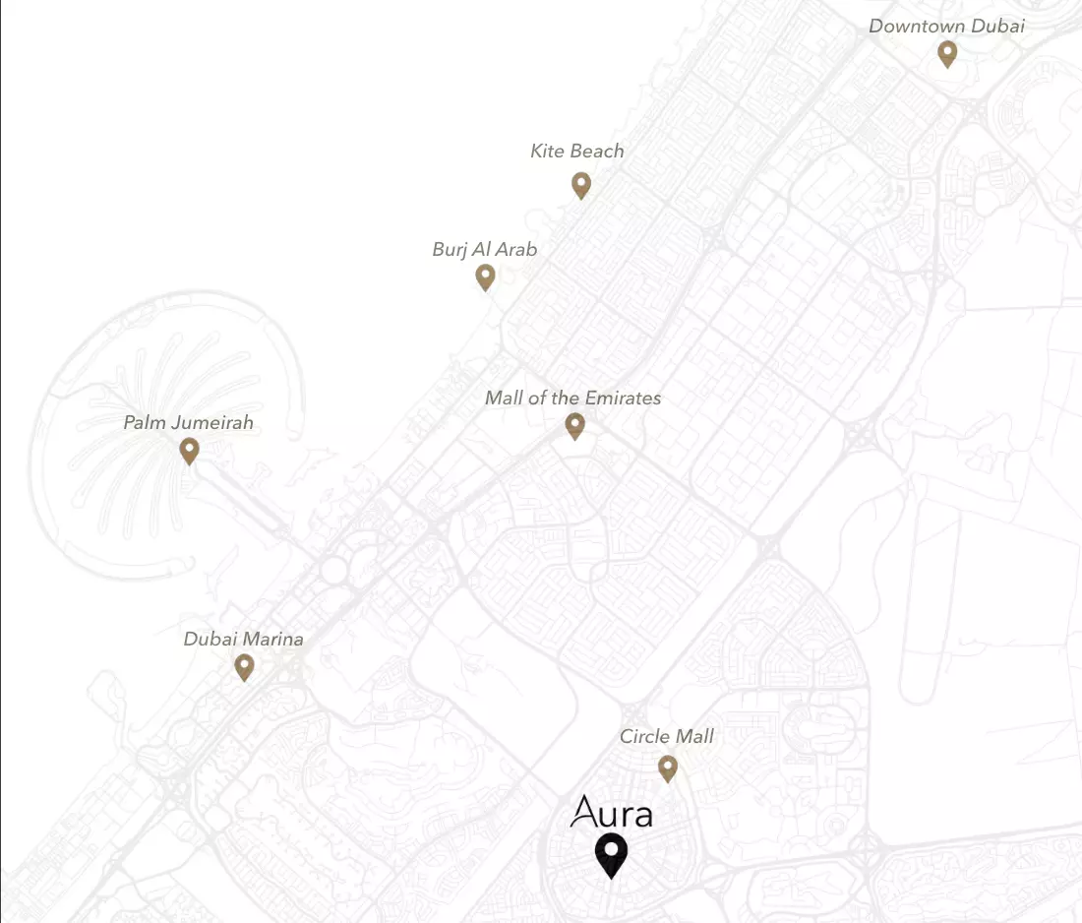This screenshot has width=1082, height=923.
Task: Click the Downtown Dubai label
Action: (x=946, y=26)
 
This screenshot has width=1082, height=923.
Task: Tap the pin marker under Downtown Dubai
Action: (x=947, y=52)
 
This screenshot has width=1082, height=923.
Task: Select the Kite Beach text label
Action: (x=576, y=151)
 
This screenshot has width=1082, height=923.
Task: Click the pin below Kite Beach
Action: (x=581, y=184)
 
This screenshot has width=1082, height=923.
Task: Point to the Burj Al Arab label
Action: (x=485, y=249)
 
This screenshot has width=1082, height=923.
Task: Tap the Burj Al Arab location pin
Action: (x=485, y=277)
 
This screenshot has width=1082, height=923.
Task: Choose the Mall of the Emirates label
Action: (x=572, y=398)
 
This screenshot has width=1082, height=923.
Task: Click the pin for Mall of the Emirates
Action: (x=575, y=425)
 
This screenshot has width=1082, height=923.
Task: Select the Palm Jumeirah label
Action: (x=188, y=422)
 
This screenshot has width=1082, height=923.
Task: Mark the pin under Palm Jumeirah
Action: (x=190, y=451)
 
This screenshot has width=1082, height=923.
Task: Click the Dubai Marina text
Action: (x=243, y=639)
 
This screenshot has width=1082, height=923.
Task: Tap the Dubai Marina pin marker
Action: (x=245, y=667)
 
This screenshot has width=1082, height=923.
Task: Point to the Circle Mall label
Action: (x=666, y=736)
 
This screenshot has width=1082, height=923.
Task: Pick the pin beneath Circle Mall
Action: (x=668, y=768)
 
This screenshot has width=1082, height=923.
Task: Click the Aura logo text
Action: (x=611, y=813)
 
